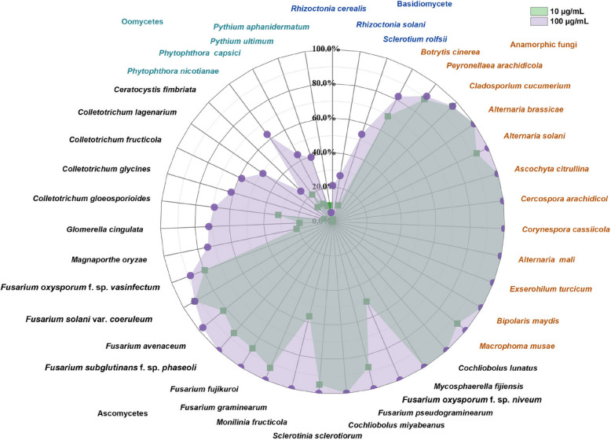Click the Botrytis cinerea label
(450, 52)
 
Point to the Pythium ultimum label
(242, 41)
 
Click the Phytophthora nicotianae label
(174, 71)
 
